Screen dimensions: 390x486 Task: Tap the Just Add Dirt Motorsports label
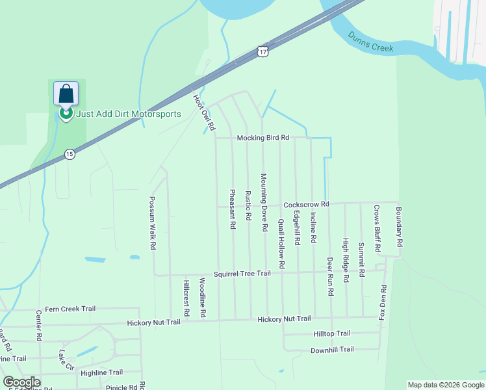128,114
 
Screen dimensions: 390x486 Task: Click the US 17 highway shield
261,51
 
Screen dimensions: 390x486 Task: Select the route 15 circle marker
70,154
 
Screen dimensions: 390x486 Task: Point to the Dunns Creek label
370,42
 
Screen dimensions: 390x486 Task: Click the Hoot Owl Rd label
204,112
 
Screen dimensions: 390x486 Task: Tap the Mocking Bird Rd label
262,138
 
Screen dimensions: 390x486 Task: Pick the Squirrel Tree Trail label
242,274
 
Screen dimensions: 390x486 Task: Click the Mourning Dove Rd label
264,203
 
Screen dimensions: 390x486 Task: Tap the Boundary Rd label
400,226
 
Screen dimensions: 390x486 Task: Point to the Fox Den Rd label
383,302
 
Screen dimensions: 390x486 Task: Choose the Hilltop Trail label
331,333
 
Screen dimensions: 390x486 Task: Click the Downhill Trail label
331,349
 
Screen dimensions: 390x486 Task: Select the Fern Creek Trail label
70,309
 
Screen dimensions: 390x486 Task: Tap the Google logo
21,382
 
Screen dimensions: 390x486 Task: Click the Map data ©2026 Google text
445,385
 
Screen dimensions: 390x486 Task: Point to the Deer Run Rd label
330,276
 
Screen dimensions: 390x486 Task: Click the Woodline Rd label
203,298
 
